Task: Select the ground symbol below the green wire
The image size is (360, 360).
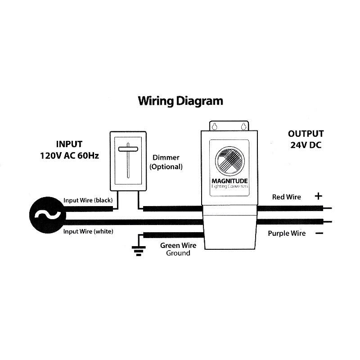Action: point(138,251)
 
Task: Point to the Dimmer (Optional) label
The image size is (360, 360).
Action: point(166,162)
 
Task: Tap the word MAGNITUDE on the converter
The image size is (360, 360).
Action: point(229,182)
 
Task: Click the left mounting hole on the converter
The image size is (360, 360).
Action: point(215,126)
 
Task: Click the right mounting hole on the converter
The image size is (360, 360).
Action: point(244,126)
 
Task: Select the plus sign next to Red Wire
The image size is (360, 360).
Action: point(319,196)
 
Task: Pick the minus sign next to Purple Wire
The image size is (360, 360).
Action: point(319,233)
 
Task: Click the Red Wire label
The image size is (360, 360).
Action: point(287,197)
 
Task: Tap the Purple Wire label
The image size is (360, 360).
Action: point(287,233)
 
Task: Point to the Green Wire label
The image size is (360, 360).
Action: point(178,246)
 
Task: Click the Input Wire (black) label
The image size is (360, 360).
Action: point(88,200)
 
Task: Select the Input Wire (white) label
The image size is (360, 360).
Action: point(88,231)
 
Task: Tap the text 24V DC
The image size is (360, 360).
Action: point(306,145)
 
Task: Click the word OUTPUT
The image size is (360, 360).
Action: point(306,134)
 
